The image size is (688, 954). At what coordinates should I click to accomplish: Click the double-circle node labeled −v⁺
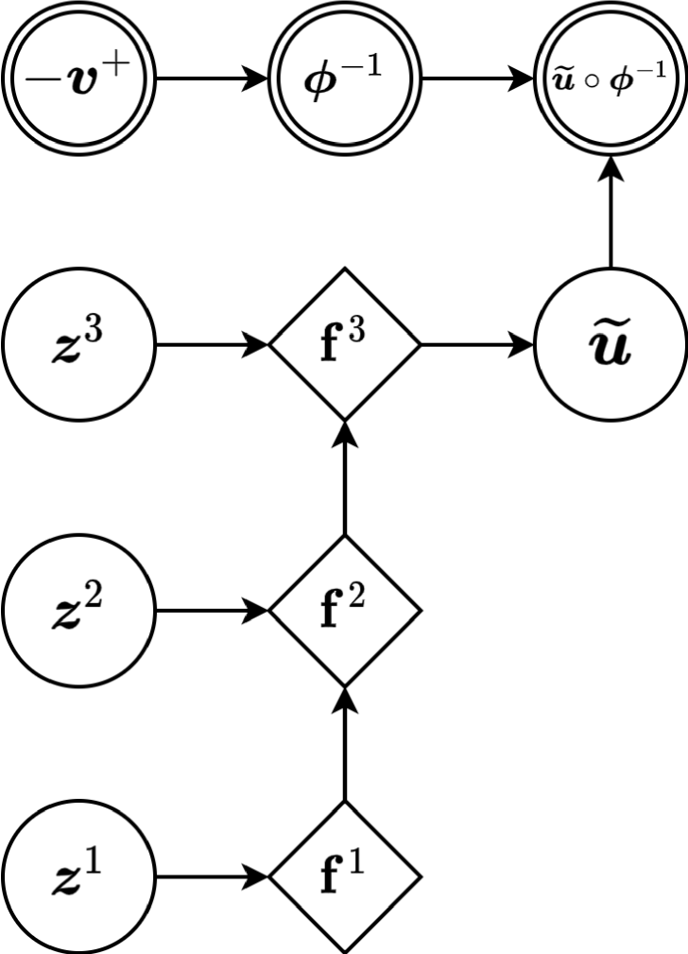77,78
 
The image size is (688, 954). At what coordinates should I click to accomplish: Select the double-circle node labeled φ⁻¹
344,78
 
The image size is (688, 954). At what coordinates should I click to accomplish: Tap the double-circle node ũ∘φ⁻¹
611,78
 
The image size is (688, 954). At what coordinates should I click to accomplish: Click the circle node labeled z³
77,345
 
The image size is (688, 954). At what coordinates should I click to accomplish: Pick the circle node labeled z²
77,611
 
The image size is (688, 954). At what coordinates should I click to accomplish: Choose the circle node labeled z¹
77,877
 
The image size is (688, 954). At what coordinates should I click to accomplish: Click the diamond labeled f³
344,345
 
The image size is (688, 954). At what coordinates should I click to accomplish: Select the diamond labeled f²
344,611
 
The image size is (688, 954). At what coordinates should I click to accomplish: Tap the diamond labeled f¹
344,877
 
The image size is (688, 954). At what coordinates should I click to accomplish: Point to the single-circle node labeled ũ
611,345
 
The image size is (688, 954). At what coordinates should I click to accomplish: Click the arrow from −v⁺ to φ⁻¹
211,78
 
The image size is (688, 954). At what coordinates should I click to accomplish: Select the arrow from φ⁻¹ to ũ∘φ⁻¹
477,78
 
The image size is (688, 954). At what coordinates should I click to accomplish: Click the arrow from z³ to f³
211,345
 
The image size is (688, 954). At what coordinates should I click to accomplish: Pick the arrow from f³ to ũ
477,345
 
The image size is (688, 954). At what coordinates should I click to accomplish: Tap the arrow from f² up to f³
344,477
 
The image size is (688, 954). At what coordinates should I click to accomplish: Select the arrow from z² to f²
211,611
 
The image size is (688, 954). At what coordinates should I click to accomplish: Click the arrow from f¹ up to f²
344,744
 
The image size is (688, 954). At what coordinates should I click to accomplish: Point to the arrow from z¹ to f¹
211,877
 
